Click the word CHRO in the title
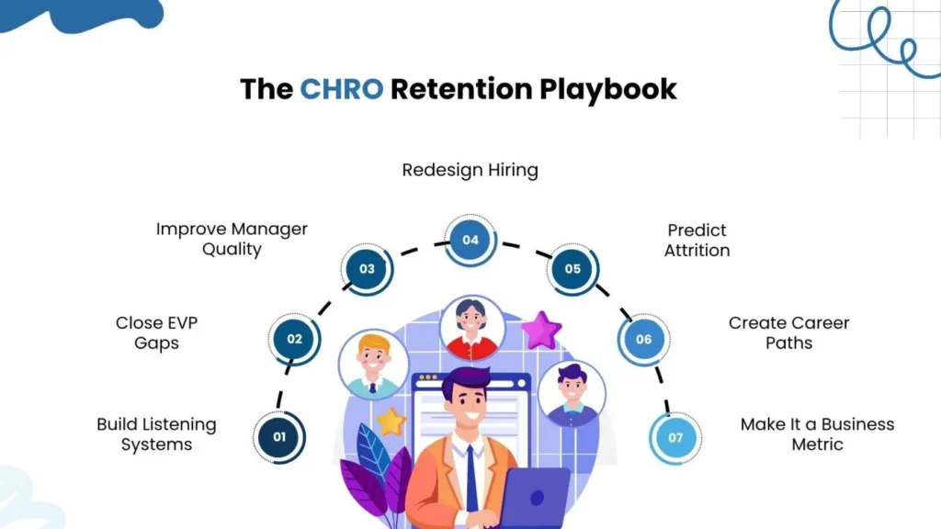(340, 89)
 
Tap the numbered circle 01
(279, 436)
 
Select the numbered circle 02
(294, 339)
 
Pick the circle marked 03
(367, 269)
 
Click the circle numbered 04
(470, 241)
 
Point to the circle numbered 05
(573, 269)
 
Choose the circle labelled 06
(643, 339)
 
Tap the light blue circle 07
(675, 437)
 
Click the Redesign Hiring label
(470, 170)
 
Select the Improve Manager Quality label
(232, 239)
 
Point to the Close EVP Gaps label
(156, 332)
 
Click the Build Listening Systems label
(156, 434)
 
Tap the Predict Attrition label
(697, 240)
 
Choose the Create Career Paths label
(788, 332)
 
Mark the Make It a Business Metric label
(817, 434)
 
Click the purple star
(541, 330)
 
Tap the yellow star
(391, 422)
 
